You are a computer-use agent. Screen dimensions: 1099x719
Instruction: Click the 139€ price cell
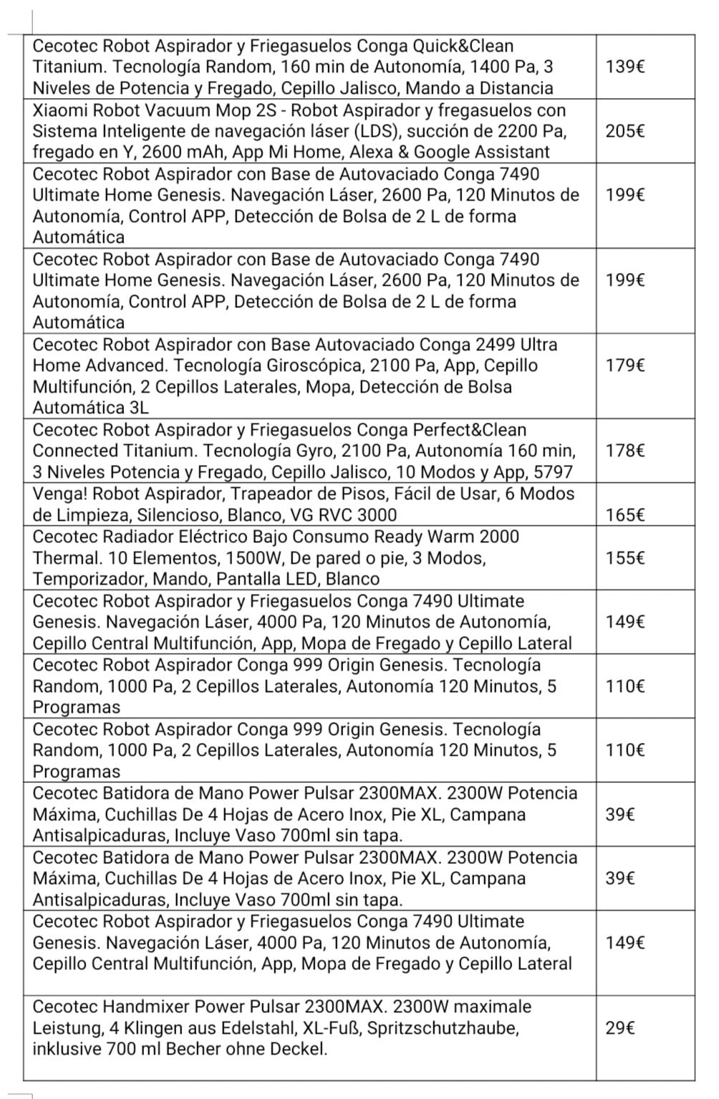pos(624,67)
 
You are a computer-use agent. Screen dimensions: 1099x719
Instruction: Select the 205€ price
pos(624,131)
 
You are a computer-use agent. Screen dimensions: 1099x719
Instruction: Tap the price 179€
pos(624,365)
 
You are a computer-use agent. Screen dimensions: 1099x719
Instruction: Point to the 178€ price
pos(624,451)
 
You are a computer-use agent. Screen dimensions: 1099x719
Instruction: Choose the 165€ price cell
pos(624,514)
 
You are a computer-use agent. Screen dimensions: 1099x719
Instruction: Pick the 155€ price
pos(624,557)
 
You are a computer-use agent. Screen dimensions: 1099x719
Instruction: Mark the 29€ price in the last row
pos(619,1028)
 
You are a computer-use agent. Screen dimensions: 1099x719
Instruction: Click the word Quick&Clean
pos(463,46)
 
